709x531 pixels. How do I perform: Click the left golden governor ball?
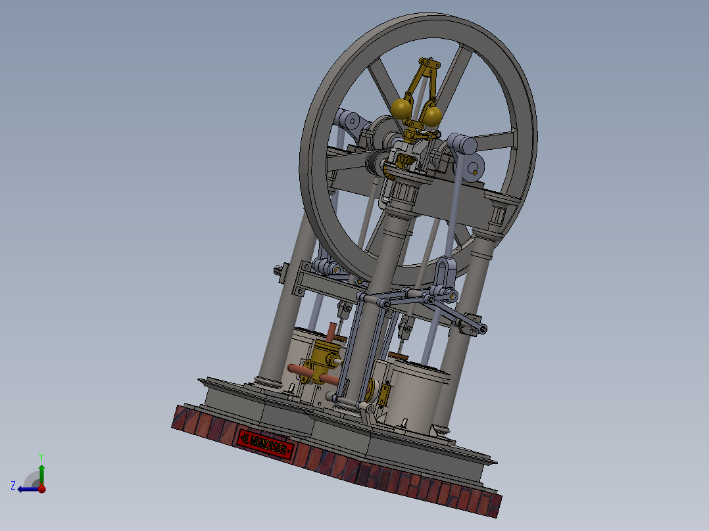tap(401, 108)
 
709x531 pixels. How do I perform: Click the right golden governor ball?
tap(432, 116)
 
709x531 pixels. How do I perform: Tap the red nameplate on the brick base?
tap(266, 444)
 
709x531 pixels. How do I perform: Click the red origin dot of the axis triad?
tap(41, 488)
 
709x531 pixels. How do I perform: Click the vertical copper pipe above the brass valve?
tap(331, 332)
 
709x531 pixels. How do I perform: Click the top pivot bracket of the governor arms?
tap(428, 66)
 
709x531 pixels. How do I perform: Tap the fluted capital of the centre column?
tap(404, 192)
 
